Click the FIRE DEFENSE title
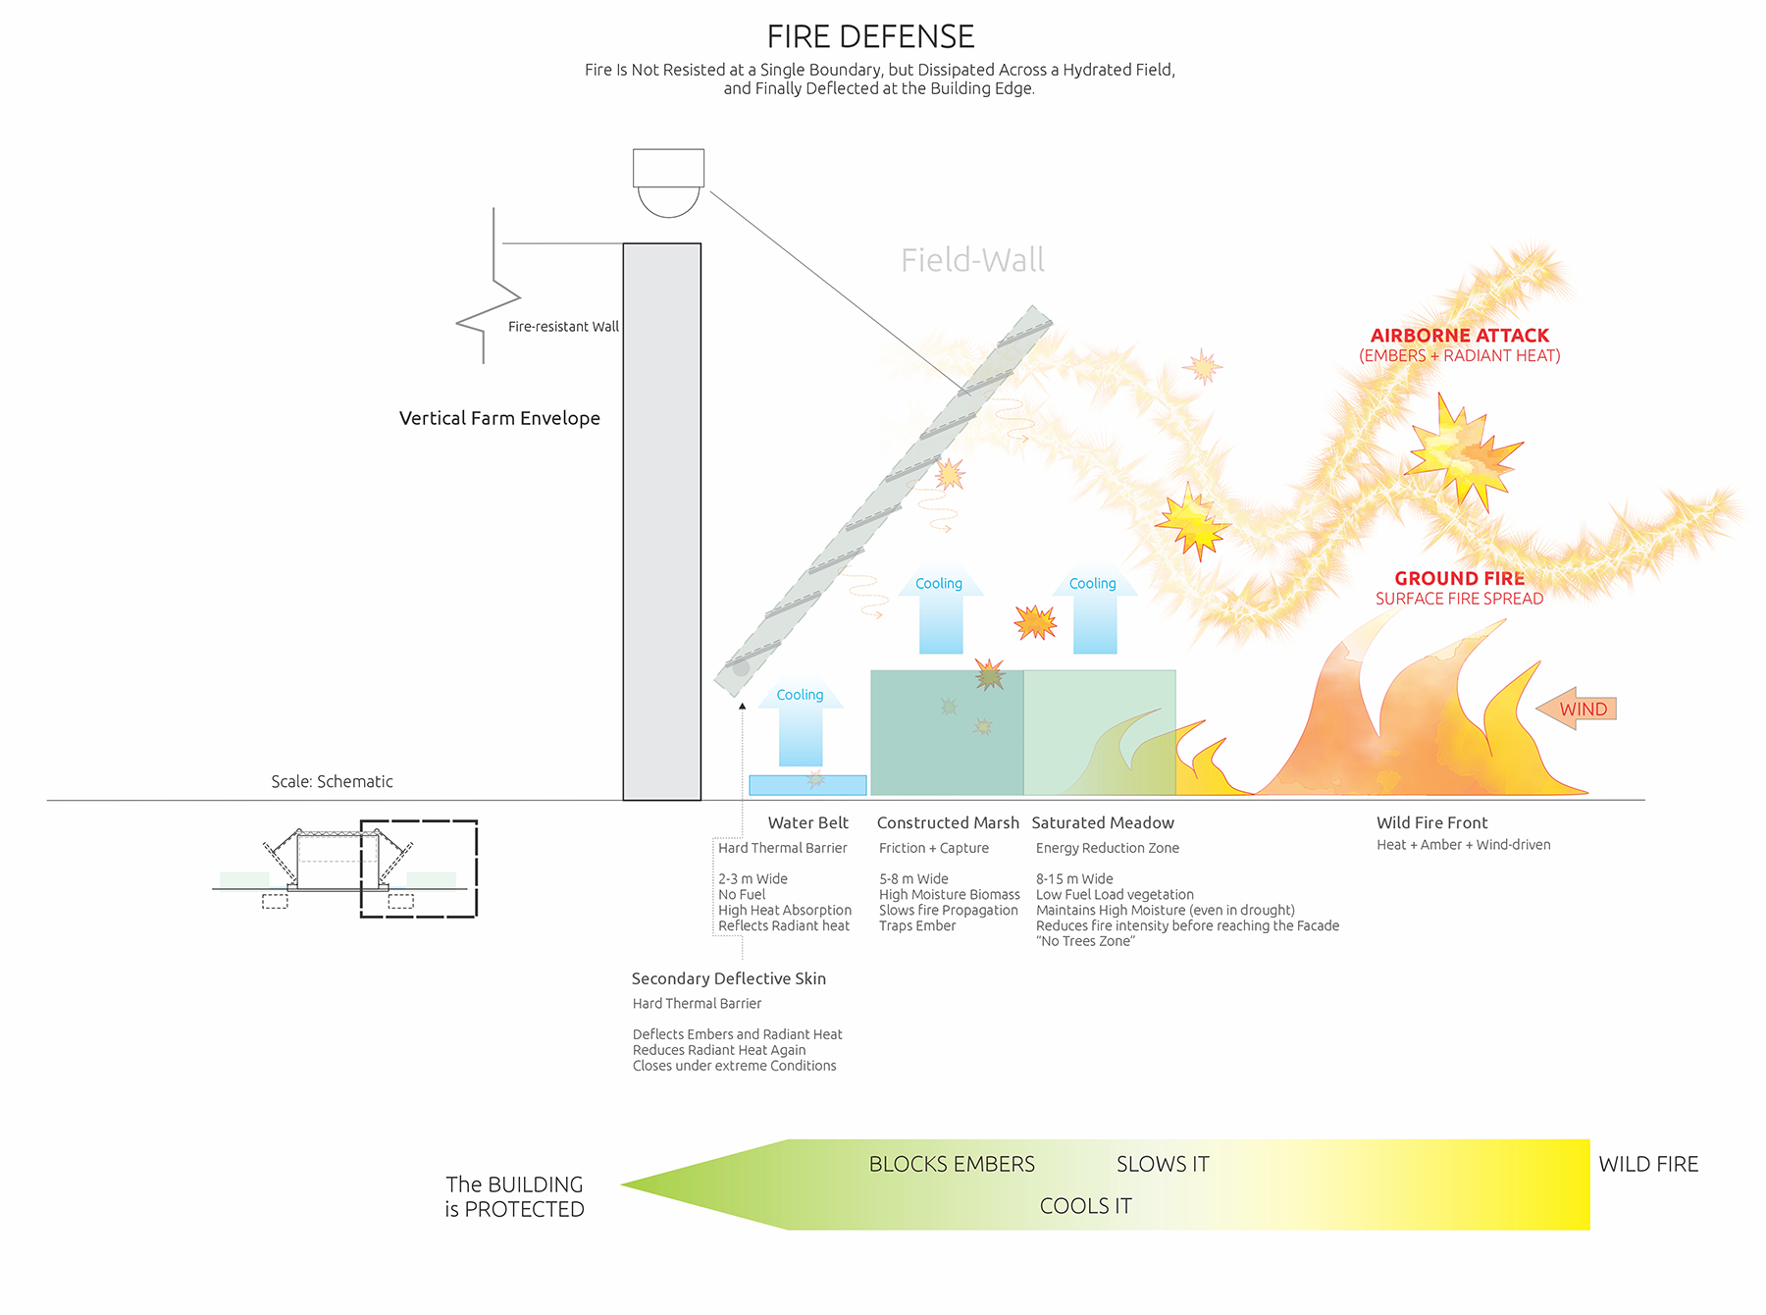click(870, 36)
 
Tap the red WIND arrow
click(1576, 709)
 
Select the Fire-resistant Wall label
click(563, 327)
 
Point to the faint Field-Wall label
click(972, 260)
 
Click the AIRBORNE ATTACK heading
click(1460, 336)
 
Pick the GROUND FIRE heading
click(1460, 578)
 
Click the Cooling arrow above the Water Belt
click(801, 722)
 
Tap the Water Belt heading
click(808, 822)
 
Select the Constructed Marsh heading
click(948, 822)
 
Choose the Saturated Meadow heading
click(1103, 822)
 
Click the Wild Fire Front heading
click(1431, 822)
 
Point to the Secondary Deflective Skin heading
click(729, 978)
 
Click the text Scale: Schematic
click(332, 781)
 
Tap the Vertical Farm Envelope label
click(499, 418)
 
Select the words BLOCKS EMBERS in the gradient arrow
click(952, 1164)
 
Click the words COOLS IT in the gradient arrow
click(1086, 1206)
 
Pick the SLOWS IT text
click(1163, 1164)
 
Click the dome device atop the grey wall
click(668, 183)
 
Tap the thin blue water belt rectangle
click(807, 785)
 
